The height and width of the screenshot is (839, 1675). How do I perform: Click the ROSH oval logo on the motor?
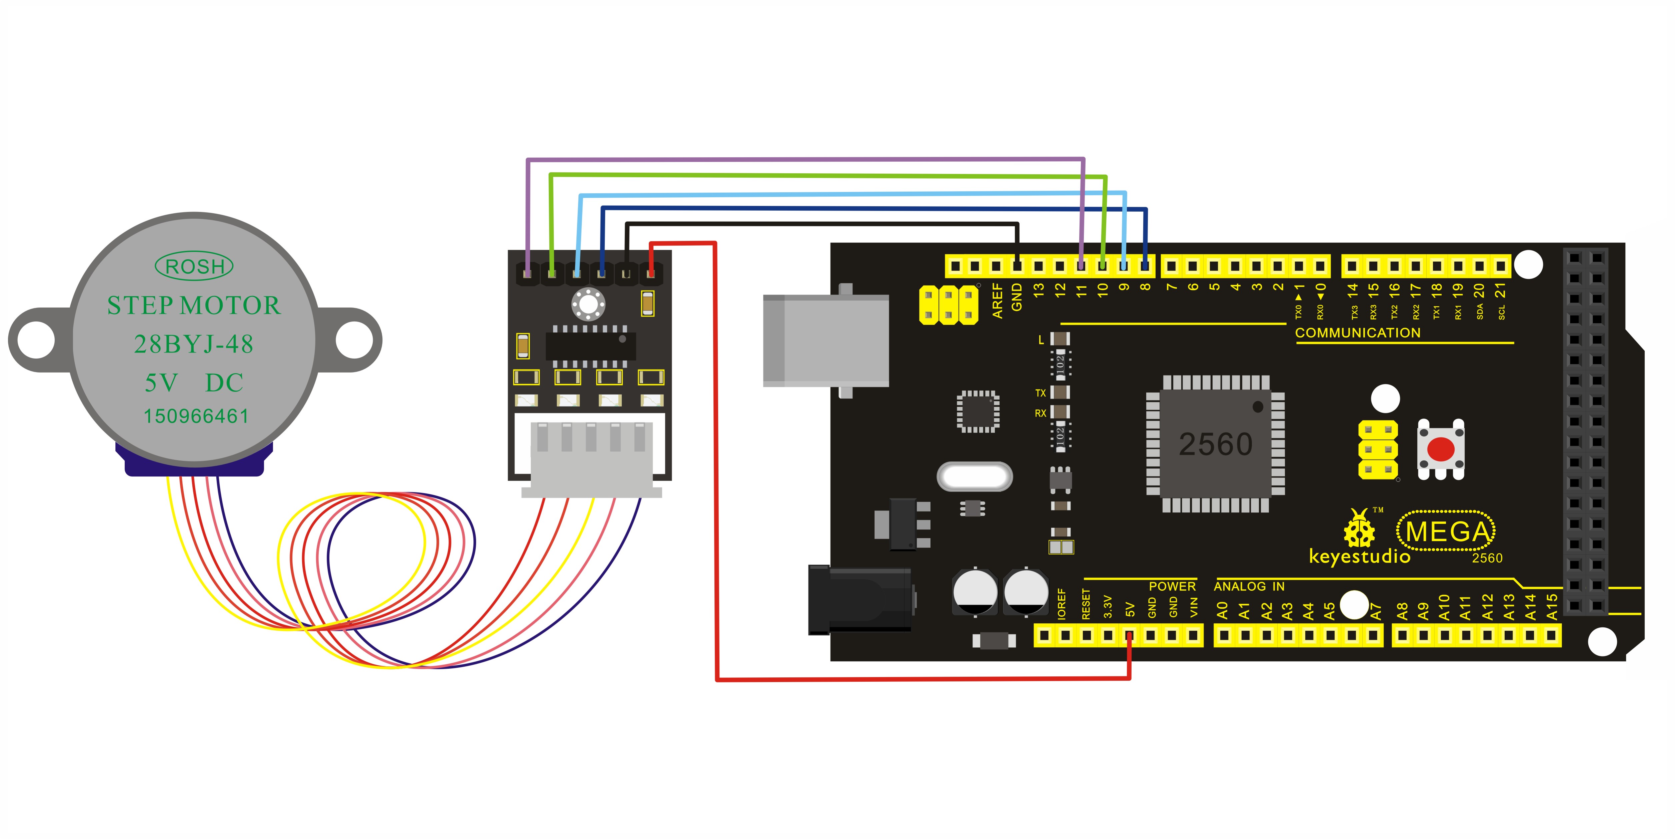click(x=194, y=266)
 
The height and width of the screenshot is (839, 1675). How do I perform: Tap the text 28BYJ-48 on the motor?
click(x=194, y=344)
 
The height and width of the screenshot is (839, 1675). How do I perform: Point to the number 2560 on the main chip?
click(x=1215, y=444)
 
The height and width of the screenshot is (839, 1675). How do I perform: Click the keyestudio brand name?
click(x=1359, y=556)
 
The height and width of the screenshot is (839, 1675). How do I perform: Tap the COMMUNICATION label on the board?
click(x=1358, y=333)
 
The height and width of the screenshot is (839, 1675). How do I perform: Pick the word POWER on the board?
click(x=1172, y=586)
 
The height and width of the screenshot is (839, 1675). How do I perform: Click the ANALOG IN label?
click(x=1249, y=586)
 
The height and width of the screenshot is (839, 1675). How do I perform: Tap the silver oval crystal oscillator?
click(x=974, y=476)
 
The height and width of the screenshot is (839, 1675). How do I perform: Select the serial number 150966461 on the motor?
click(x=196, y=416)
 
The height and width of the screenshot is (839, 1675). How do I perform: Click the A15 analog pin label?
click(x=1551, y=606)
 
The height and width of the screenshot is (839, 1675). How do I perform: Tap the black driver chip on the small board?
click(x=590, y=345)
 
